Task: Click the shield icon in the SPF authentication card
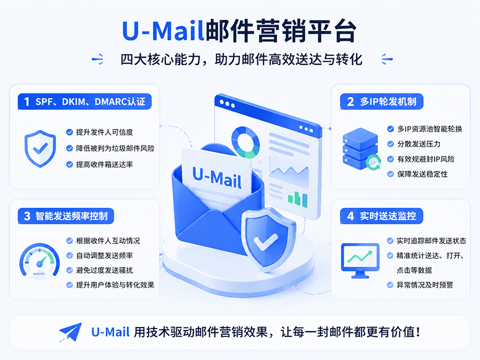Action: point(40,149)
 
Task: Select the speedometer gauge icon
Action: point(40,260)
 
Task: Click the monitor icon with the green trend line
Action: point(360,260)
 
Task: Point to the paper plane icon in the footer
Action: point(70,332)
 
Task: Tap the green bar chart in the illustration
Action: point(297,199)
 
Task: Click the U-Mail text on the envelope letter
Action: point(217,177)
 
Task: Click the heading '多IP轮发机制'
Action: point(388,101)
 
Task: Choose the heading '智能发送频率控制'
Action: point(72,216)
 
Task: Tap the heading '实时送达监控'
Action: point(388,216)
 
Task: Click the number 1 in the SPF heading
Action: point(27,101)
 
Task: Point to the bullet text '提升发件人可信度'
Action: point(105,132)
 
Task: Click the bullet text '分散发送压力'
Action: point(419,144)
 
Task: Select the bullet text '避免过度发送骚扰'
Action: point(105,270)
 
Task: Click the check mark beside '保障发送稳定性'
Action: point(390,174)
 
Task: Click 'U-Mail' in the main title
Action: point(163,30)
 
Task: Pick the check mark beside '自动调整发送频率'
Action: point(69,255)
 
